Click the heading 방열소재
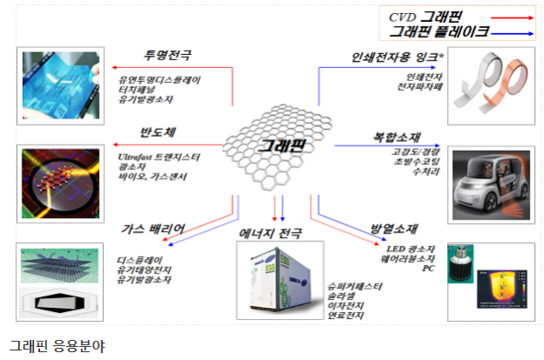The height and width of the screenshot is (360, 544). [391, 228]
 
